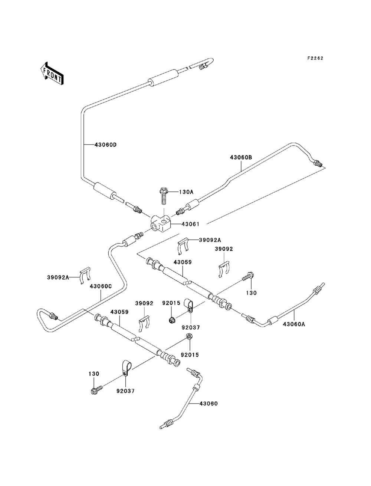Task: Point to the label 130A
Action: [186, 192]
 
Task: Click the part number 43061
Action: [191, 224]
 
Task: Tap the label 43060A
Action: [294, 324]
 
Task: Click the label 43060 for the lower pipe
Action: [209, 404]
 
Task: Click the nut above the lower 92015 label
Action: [188, 337]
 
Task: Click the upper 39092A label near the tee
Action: [210, 240]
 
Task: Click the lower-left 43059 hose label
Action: [119, 312]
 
